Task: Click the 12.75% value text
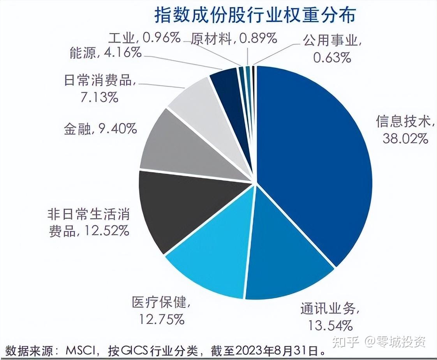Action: click(x=162, y=319)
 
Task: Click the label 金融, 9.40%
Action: click(x=100, y=128)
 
